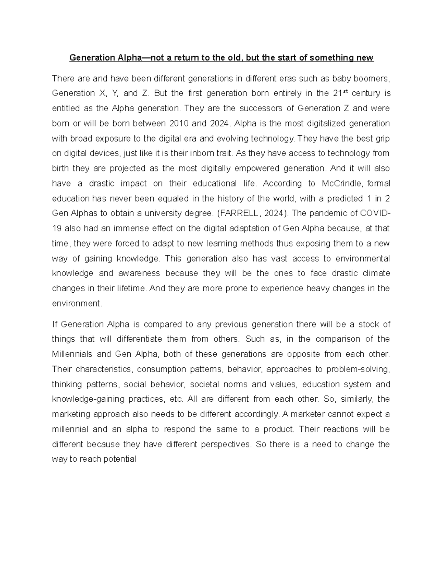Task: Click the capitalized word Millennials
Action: click(72, 354)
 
